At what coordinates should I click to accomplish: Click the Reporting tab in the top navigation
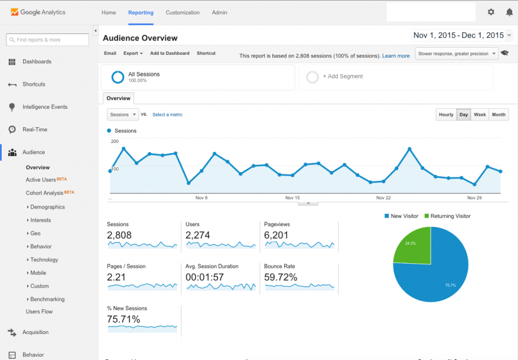(141, 13)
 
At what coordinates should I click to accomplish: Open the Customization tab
(182, 13)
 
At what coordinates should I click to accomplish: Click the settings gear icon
(491, 12)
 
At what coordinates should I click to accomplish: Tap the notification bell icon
(509, 12)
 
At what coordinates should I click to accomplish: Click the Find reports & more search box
(47, 40)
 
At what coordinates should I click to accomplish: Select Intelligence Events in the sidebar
(44, 107)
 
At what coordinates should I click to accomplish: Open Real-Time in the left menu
(35, 130)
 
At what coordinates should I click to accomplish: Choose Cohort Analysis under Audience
(44, 193)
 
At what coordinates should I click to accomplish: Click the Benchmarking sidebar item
(47, 300)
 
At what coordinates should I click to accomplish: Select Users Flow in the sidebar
(39, 312)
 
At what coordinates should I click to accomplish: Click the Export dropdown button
(133, 54)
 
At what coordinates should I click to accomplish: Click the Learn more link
(396, 56)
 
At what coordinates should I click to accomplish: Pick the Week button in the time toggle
(480, 115)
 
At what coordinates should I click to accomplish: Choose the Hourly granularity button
(446, 115)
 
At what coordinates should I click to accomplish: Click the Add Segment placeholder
(342, 77)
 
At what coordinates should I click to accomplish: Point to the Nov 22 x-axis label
(383, 198)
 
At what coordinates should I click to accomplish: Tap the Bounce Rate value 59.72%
(281, 277)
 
